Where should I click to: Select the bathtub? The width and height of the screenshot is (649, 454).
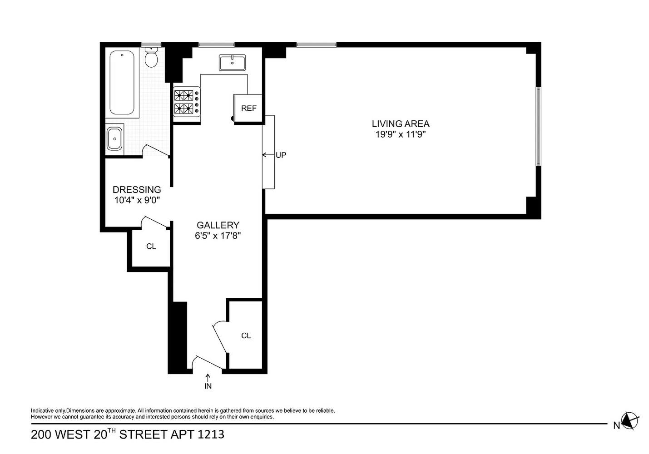coord(122,83)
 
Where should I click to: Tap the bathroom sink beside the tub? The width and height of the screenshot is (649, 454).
coord(114,138)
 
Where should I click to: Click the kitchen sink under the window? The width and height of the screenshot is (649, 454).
coord(232,62)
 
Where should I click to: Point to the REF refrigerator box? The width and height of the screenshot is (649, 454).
coord(248,109)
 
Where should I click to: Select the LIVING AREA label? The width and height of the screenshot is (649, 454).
coord(400,123)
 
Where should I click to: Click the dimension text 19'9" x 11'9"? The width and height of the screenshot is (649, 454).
coord(400,134)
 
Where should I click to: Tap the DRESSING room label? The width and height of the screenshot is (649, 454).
coord(136,190)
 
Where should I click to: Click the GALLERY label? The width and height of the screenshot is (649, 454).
coord(218,225)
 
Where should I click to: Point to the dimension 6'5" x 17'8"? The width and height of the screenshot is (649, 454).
coord(218,236)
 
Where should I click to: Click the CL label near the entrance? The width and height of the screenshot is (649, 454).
coord(246,336)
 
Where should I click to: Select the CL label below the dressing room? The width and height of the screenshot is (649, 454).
coord(151,247)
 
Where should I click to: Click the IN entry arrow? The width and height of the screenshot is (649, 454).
coord(208,382)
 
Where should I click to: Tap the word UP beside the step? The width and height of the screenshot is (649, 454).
coord(281,155)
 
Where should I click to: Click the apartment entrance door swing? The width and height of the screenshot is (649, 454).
coord(207,362)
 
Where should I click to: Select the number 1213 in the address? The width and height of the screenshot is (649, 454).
coord(211,434)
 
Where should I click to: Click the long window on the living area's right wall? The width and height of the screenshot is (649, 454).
coord(538,126)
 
